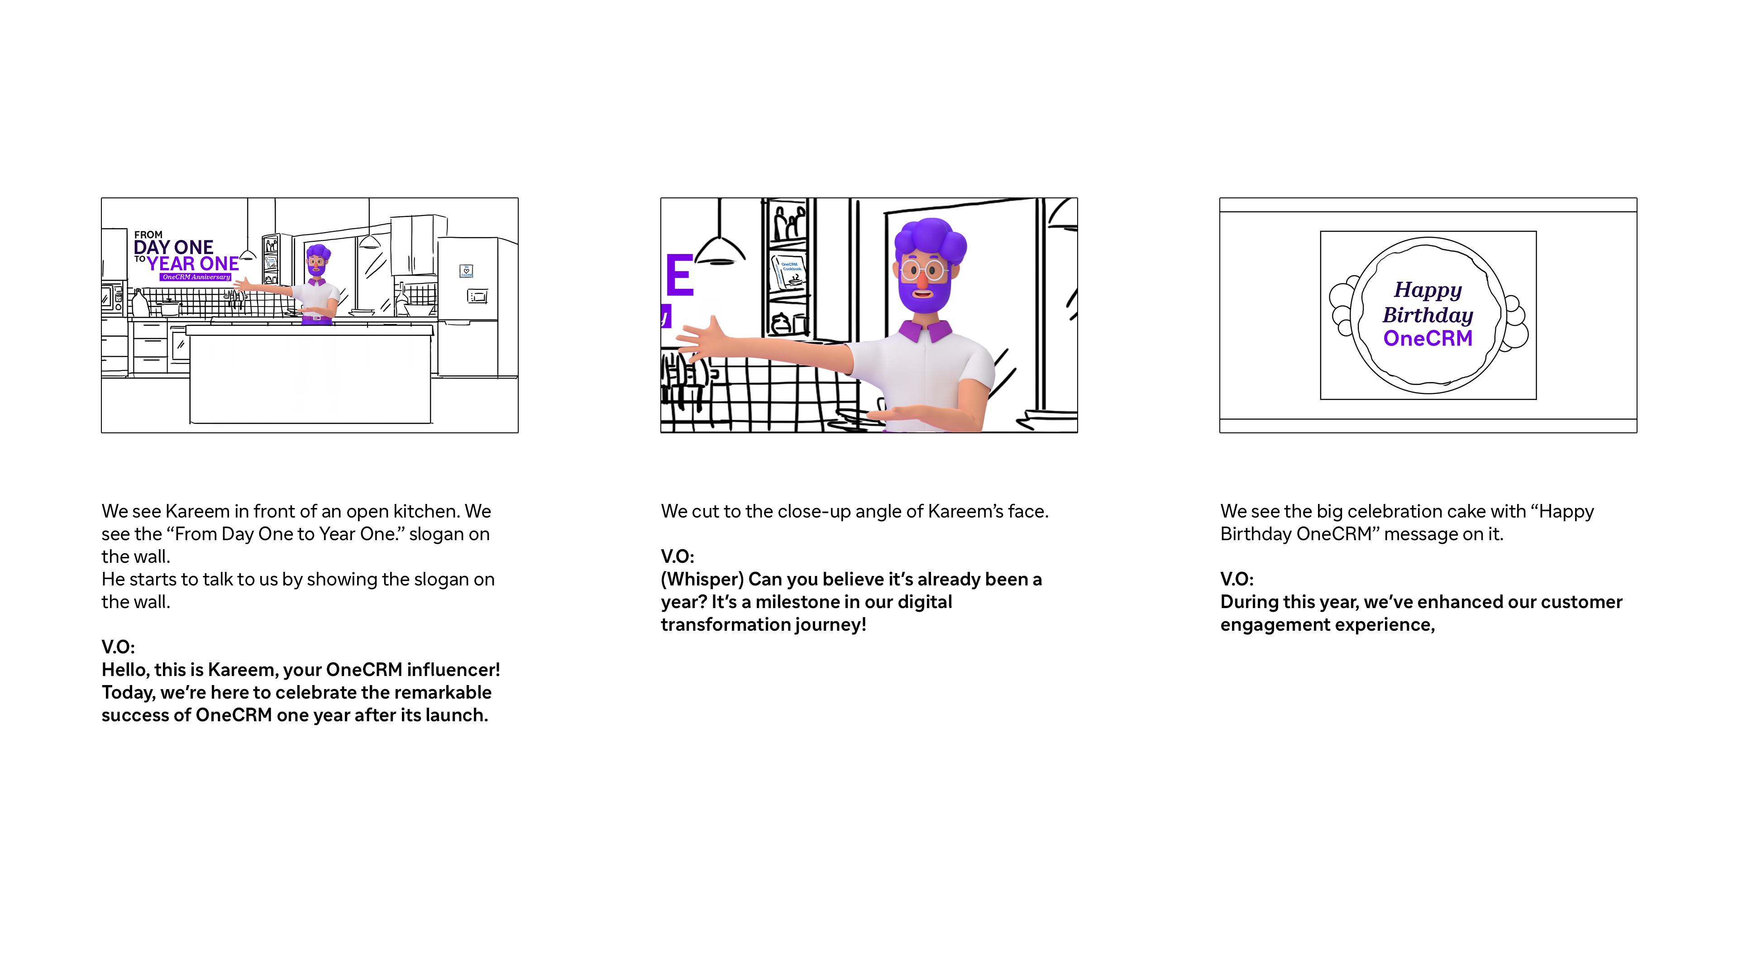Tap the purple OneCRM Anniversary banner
[x=196, y=277]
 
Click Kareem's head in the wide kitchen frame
[x=317, y=260]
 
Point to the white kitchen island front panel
[x=310, y=379]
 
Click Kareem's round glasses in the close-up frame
[x=923, y=271]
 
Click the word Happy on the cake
[x=1428, y=290]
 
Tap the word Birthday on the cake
[x=1428, y=315]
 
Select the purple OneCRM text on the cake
[x=1428, y=338]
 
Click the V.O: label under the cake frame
[x=1237, y=579]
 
